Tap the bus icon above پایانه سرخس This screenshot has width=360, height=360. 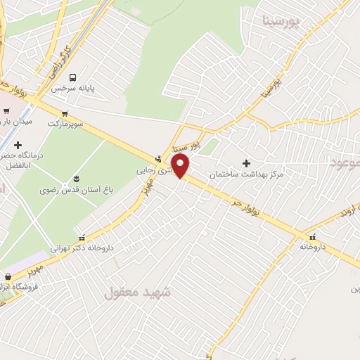pyautogui.click(x=73, y=77)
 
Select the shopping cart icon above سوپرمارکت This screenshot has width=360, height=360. pyautogui.click(x=65, y=112)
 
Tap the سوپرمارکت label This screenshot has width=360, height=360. pyautogui.click(x=65, y=124)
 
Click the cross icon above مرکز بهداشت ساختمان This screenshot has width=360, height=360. pyautogui.click(x=246, y=163)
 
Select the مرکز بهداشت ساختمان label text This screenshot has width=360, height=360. pyautogui.click(x=245, y=174)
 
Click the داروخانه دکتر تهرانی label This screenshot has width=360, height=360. pyautogui.click(x=83, y=248)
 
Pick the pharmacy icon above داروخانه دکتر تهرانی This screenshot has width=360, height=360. pyautogui.click(x=83, y=237)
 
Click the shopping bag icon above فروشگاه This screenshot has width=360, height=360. pyautogui.click(x=8, y=276)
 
